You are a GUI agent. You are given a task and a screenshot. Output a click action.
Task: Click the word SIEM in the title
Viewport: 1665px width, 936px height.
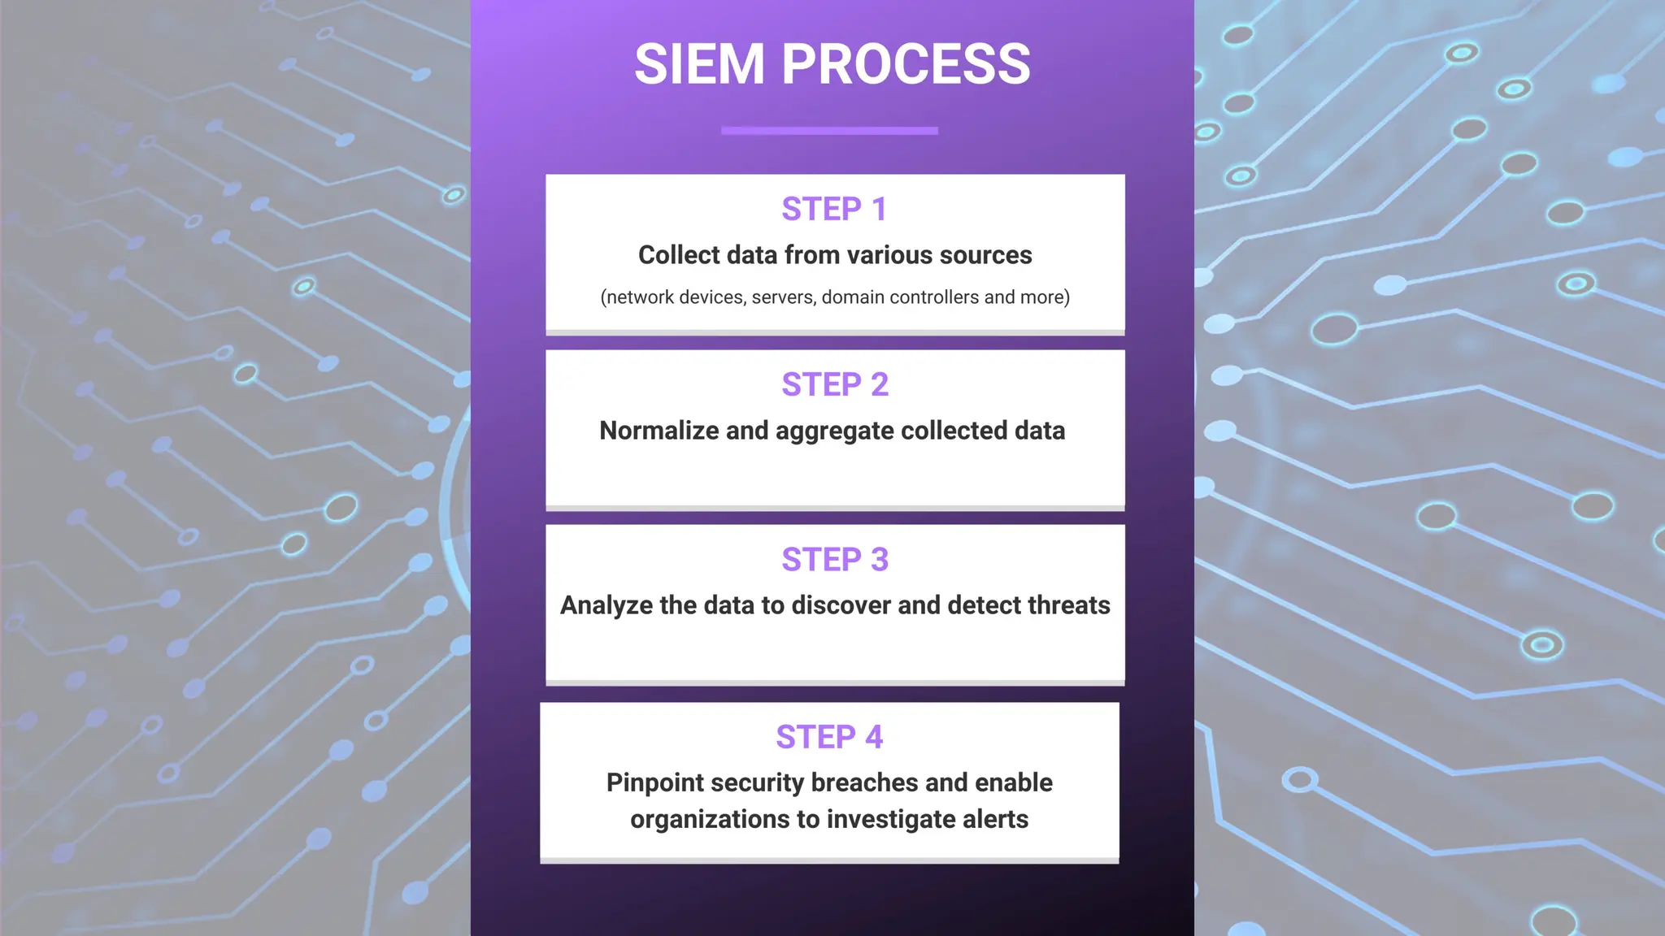[699, 64]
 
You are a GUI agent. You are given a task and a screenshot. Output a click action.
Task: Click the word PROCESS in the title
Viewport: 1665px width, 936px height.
[906, 64]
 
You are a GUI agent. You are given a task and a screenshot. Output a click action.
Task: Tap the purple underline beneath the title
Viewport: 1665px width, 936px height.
[829, 130]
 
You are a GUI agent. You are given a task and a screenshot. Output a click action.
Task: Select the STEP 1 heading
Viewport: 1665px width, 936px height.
[834, 210]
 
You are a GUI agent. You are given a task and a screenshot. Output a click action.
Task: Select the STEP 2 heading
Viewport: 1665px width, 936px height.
[835, 384]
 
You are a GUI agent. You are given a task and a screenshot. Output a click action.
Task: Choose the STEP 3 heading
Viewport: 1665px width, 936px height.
[835, 560]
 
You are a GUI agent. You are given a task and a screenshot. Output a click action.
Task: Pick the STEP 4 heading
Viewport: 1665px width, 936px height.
[829, 737]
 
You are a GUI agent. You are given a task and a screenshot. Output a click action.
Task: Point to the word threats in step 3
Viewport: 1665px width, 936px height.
[1069, 605]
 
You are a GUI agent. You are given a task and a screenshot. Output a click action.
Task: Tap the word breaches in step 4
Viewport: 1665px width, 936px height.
[864, 782]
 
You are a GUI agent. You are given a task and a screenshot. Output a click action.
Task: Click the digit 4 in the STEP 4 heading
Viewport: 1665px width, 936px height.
[874, 737]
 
